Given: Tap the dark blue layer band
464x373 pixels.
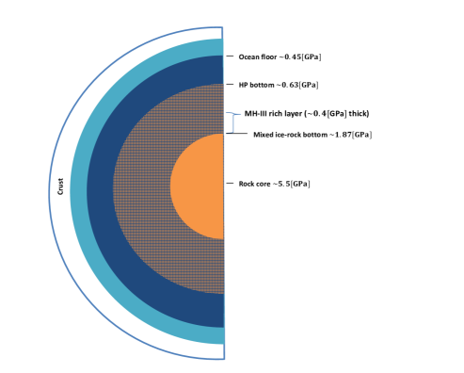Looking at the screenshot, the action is (x=100, y=188).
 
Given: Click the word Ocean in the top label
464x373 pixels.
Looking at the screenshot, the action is (x=248, y=57).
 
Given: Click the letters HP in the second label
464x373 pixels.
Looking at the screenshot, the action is (x=243, y=85).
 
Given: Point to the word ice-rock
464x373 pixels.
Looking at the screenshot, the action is (x=291, y=136).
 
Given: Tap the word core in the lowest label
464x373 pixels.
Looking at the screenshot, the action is (x=265, y=184).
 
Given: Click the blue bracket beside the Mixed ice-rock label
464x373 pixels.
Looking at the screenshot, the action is (x=227, y=122).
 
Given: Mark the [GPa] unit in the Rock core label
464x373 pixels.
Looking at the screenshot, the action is (x=300, y=184).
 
